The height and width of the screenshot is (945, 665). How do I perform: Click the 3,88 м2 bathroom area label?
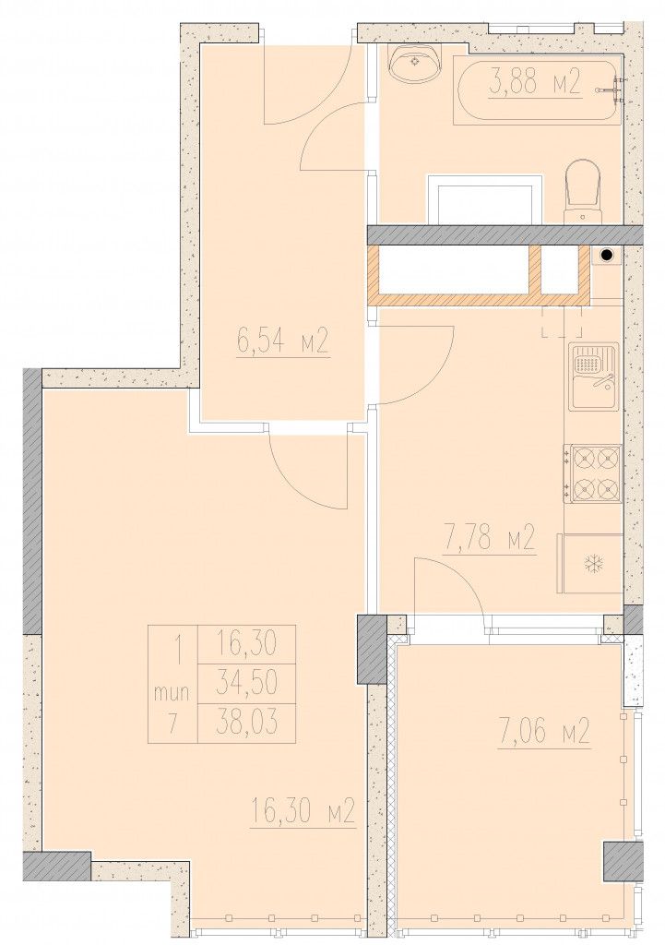(x=535, y=83)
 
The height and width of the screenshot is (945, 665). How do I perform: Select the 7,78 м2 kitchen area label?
(x=489, y=538)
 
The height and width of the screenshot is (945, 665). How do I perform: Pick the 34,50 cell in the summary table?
(x=247, y=683)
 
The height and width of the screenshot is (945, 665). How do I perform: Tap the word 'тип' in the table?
(x=172, y=693)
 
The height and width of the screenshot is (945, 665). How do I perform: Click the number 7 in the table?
(x=173, y=723)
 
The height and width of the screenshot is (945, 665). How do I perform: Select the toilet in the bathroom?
(x=583, y=190)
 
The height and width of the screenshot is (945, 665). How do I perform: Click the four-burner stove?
(x=593, y=473)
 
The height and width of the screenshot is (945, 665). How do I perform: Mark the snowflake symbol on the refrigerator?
(x=594, y=564)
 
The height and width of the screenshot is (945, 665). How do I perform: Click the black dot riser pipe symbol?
(x=607, y=256)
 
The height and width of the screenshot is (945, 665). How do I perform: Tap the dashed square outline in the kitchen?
(x=562, y=320)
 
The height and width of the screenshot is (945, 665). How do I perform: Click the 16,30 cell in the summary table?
(x=247, y=644)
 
